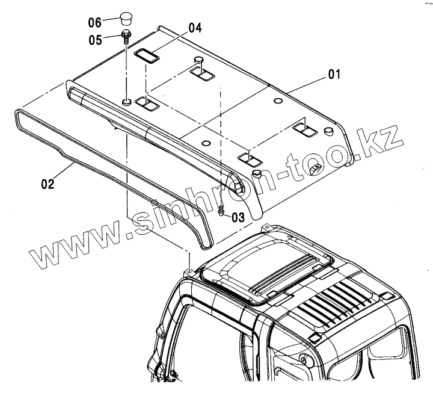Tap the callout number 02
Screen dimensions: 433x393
48,184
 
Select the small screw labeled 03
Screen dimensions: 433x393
221,211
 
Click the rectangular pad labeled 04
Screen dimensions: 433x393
146,55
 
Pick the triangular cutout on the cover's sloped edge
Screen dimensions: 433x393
315,170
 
